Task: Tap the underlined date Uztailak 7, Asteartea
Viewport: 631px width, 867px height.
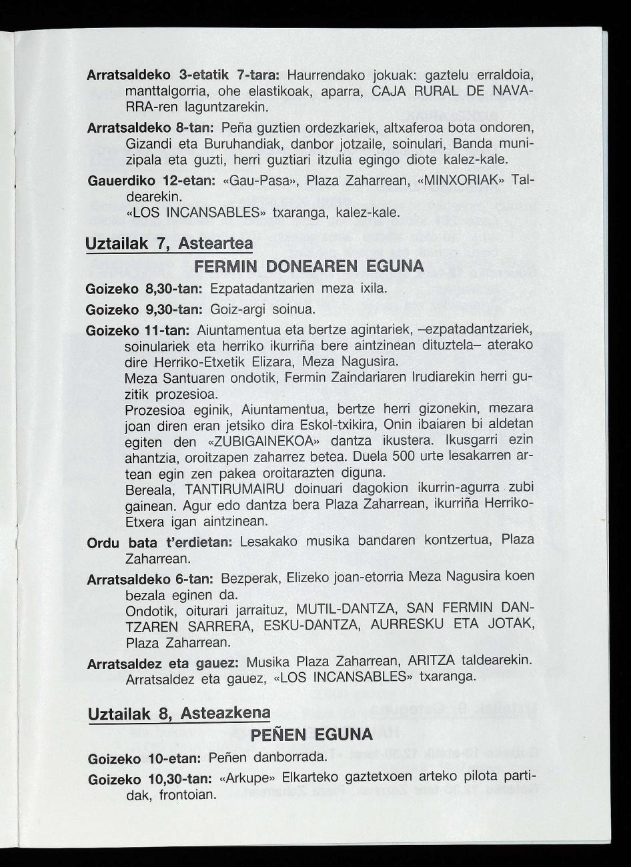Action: (x=169, y=244)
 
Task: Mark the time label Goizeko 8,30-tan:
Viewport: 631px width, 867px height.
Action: (x=146, y=291)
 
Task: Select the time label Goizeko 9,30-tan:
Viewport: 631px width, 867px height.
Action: (x=146, y=310)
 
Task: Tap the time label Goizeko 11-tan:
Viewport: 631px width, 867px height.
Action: (x=139, y=331)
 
